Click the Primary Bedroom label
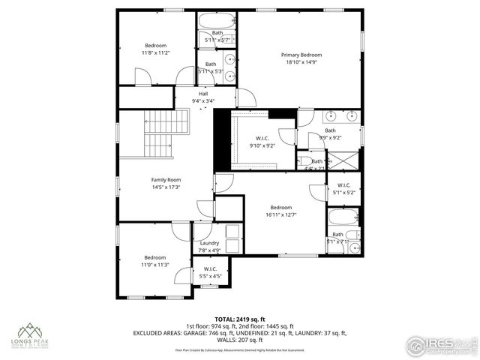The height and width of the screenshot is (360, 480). point(301,55)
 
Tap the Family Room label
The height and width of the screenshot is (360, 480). point(166,180)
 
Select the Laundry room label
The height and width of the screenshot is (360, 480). point(209,243)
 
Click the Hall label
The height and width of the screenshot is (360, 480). point(203,93)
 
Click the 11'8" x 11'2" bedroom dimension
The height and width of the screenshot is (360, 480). point(155,52)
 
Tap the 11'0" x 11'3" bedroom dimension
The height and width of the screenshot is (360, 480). point(155,265)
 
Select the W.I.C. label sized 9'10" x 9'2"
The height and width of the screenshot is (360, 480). point(262,145)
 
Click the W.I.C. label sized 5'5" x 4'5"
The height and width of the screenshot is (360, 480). point(210,277)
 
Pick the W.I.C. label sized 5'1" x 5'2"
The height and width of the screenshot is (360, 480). point(343,193)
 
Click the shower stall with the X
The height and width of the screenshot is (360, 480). point(346,160)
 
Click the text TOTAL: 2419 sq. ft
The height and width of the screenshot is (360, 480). point(239,319)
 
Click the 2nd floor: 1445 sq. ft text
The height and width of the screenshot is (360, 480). point(265,325)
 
